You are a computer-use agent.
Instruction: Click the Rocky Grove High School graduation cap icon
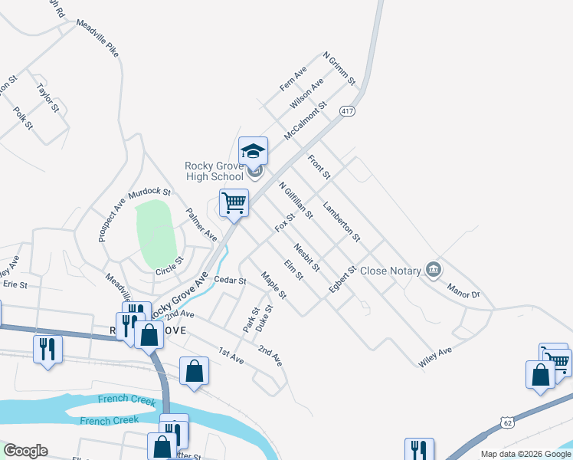(253, 150)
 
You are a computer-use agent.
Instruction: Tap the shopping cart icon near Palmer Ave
(234, 203)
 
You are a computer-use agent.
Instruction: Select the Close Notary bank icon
(434, 269)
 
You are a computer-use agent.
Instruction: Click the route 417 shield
(349, 111)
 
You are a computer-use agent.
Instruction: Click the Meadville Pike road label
(98, 38)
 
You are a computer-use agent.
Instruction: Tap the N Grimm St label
(339, 68)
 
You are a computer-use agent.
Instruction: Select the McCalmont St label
(305, 121)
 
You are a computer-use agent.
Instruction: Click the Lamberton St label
(341, 222)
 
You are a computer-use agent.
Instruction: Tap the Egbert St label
(342, 280)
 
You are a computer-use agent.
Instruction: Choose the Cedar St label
(230, 281)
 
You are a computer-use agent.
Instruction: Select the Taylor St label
(47, 97)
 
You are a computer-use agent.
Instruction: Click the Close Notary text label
(391, 271)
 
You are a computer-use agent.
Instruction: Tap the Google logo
(25, 451)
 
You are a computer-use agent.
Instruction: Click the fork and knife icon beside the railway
(47, 349)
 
